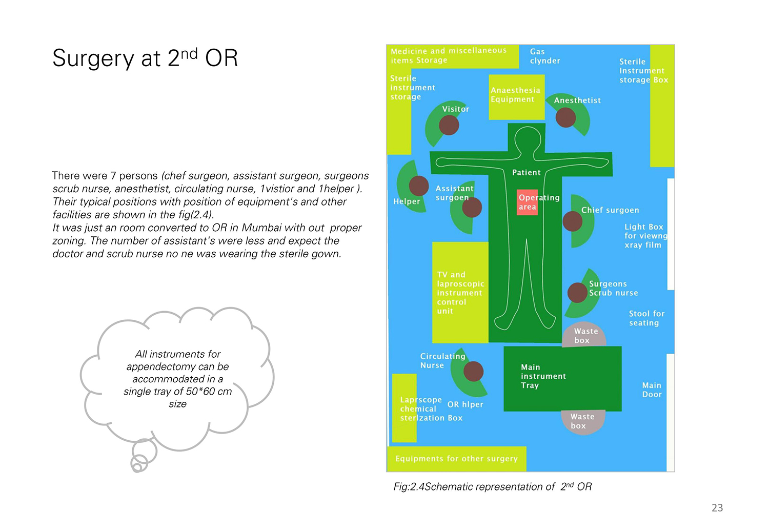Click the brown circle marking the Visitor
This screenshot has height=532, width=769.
(449, 125)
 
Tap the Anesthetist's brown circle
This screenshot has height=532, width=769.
(565, 117)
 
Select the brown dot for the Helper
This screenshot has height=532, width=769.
(418, 186)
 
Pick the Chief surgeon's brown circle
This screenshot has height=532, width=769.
(572, 221)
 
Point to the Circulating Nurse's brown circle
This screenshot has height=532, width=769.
(473, 372)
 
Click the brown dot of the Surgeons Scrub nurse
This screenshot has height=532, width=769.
(577, 293)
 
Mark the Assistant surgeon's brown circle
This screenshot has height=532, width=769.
(472, 207)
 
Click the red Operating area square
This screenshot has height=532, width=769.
(527, 202)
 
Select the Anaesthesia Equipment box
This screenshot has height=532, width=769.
(516, 97)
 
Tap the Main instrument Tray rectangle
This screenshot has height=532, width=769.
(562, 379)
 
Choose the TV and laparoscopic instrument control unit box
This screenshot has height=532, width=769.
(460, 293)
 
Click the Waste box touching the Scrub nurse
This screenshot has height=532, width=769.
(583, 335)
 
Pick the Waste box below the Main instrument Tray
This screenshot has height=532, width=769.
(582, 422)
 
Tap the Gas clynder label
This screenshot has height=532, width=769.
(545, 56)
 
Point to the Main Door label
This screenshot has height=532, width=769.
(652, 390)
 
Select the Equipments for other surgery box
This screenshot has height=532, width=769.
(457, 459)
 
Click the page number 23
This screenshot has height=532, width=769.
(717, 507)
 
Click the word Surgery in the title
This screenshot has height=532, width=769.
(93, 58)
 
